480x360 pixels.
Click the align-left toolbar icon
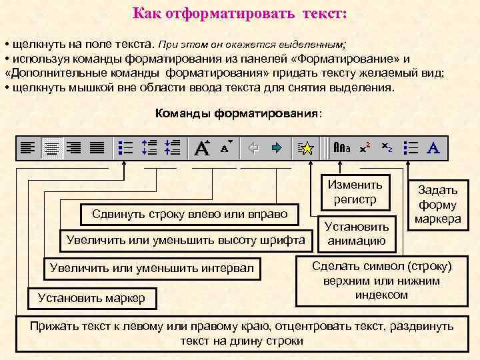point(28,148)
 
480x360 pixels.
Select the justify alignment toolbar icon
point(97,148)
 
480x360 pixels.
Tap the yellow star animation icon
point(306,148)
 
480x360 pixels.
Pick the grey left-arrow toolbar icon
point(254,148)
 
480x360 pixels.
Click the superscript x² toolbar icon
point(365,148)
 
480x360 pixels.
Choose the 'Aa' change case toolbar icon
point(342,148)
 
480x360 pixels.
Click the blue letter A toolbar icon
point(433,148)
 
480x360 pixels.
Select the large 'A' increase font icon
point(201,148)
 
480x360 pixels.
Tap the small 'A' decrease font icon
point(225,147)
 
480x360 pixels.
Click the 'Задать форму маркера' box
point(437,205)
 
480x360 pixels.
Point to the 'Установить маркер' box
point(91,298)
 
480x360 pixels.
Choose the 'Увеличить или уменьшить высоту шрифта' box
point(183,239)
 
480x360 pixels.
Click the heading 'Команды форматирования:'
point(238,113)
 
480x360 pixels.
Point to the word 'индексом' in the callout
point(382,295)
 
